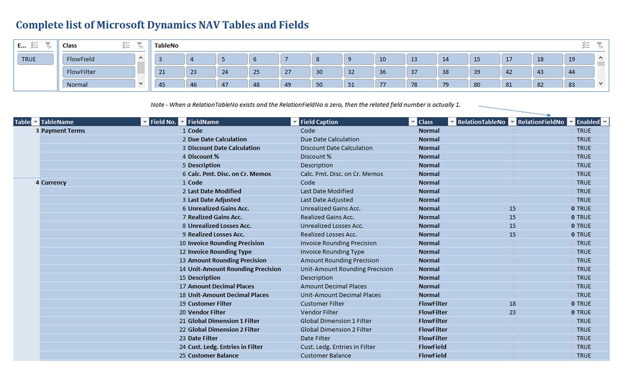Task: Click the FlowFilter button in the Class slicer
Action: coord(98,72)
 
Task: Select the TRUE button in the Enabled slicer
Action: coord(36,59)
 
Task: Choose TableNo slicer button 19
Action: coord(579,59)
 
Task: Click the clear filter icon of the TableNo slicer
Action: coord(600,45)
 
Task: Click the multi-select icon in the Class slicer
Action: coord(126,45)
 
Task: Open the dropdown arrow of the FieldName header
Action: coord(295,122)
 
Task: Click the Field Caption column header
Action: coord(353,122)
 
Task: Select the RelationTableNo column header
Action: coord(481,122)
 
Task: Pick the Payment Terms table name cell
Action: coord(63,130)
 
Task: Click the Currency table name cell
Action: coord(54,182)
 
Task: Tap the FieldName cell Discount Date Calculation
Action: coord(224,148)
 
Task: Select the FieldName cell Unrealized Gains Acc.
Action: coord(218,209)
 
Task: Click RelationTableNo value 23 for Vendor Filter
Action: coord(512,312)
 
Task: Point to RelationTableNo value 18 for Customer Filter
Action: coord(512,303)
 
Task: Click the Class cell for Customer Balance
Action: coord(432,355)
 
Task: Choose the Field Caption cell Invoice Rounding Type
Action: coord(332,252)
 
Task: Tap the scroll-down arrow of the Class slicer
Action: coord(141,84)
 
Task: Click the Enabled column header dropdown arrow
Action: coord(604,122)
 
